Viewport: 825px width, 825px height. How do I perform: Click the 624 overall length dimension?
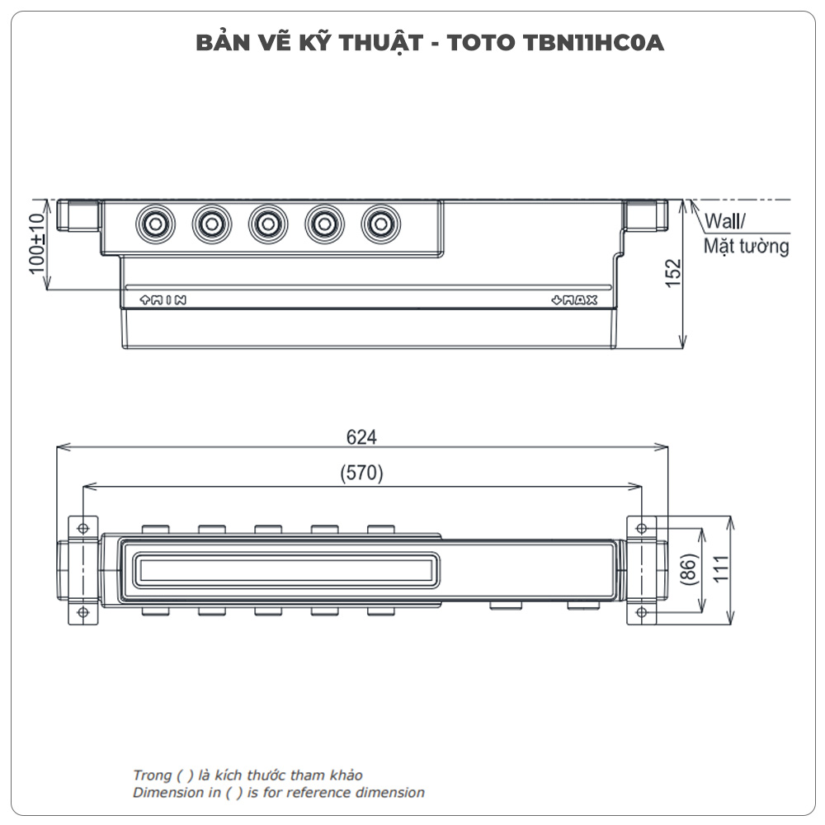click(x=361, y=438)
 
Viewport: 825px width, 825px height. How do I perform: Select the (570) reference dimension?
click(x=361, y=474)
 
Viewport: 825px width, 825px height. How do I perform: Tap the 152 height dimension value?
click(x=674, y=273)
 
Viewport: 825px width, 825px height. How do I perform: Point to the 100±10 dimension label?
click(x=35, y=245)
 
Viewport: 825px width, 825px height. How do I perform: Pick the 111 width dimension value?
click(x=721, y=569)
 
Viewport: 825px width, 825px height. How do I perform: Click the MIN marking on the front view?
click(x=163, y=300)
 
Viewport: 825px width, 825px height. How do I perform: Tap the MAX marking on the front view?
click(x=574, y=300)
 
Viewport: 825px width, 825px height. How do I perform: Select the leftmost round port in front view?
click(x=153, y=223)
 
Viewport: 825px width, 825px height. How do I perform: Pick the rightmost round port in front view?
click(x=379, y=223)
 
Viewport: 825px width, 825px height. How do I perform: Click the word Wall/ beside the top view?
click(x=724, y=222)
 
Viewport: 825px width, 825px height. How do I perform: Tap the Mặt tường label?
click(x=746, y=246)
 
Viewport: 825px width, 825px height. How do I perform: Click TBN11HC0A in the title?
click(x=593, y=43)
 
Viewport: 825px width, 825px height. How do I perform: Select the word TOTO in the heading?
click(x=482, y=43)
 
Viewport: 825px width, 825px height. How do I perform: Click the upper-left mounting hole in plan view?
click(x=82, y=528)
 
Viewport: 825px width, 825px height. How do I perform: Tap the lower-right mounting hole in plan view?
click(x=643, y=611)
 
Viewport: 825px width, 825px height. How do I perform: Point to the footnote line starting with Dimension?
click(x=279, y=793)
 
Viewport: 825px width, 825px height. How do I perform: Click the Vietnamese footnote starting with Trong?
click(x=247, y=775)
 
